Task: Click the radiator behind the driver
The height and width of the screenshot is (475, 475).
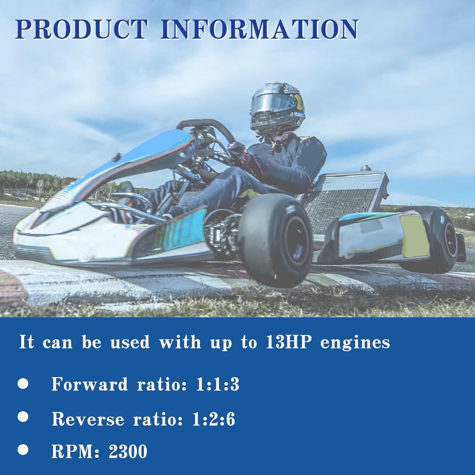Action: coord(345,199)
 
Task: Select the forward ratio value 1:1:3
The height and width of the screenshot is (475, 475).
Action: coord(218,384)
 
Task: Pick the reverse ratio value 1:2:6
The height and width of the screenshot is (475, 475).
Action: coord(213,419)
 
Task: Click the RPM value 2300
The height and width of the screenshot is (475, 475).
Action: coord(128,452)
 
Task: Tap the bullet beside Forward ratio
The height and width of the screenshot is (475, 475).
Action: coord(23,384)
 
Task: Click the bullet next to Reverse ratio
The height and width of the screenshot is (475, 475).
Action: coord(23,417)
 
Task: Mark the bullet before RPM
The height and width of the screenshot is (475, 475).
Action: coord(23,450)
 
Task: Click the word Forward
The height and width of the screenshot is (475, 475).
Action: coord(90,384)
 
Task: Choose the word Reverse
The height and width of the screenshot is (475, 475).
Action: coord(88,419)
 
